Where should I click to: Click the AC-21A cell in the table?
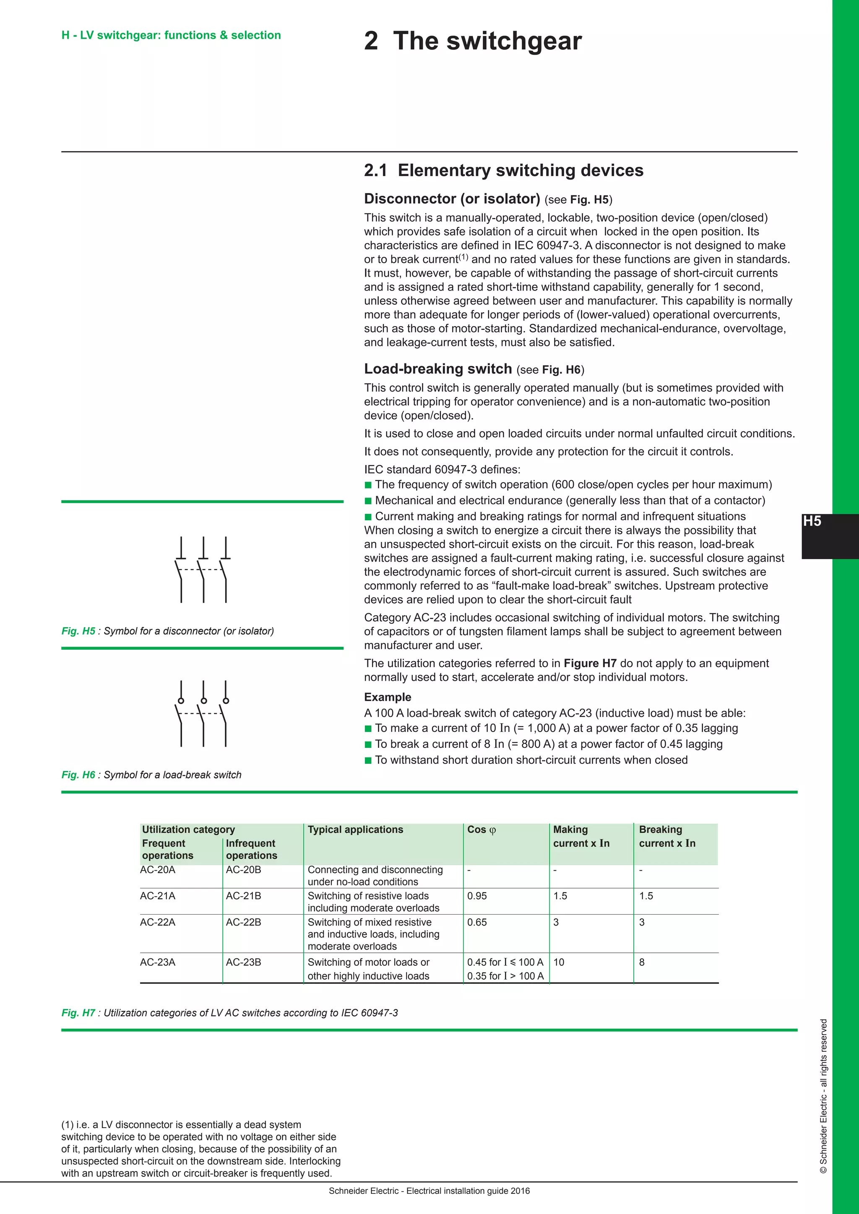coord(158,896)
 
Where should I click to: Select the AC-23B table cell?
coord(243,962)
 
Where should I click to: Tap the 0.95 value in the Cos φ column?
coord(477,896)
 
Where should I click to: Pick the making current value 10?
coord(559,962)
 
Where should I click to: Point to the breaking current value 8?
coord(642,962)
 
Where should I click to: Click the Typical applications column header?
coord(355,830)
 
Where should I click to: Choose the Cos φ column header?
coord(482,830)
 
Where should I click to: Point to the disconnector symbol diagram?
coord(203,569)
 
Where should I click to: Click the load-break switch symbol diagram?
coord(203,713)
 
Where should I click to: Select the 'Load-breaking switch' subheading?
coord(438,368)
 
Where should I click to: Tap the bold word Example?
coord(387,697)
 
